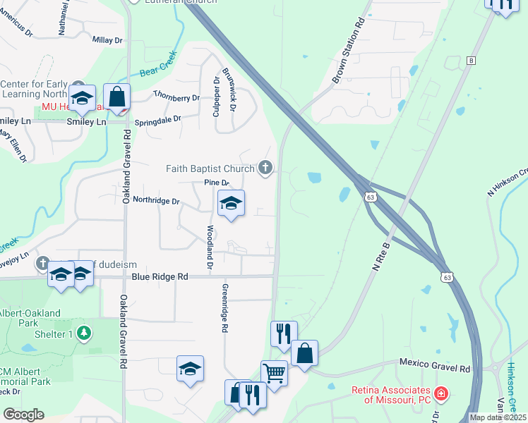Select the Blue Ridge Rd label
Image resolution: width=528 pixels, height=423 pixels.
160,277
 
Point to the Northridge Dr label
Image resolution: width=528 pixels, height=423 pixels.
157,201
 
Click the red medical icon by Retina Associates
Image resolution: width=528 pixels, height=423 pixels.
440,393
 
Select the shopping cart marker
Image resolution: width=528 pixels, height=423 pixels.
274,372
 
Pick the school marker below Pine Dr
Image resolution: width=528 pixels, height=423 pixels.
231,204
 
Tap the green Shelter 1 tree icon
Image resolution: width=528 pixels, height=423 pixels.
85,331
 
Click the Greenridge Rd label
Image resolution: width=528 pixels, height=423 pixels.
224,308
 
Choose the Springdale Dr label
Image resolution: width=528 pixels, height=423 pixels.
158,121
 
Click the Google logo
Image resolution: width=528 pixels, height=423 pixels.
23,415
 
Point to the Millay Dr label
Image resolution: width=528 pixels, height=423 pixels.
107,40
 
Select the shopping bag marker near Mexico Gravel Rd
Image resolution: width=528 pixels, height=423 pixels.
304,354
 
